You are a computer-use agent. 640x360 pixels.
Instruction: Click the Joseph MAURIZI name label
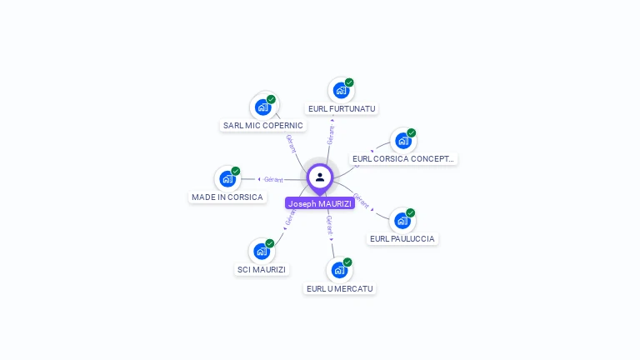click(x=320, y=203)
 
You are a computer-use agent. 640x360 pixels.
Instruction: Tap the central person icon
click(x=320, y=177)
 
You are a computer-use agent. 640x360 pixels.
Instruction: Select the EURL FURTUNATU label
click(x=342, y=108)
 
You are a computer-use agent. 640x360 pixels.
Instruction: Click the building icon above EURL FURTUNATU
click(x=340, y=90)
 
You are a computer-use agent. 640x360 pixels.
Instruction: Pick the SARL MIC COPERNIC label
click(x=263, y=126)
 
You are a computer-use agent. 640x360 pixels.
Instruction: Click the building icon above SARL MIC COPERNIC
click(x=262, y=107)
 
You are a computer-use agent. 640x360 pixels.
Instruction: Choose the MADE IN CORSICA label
click(x=227, y=197)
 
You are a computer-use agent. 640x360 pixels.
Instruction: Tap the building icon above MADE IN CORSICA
click(x=227, y=178)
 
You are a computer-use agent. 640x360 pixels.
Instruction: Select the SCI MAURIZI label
click(x=261, y=269)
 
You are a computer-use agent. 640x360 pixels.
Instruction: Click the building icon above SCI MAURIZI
click(x=262, y=251)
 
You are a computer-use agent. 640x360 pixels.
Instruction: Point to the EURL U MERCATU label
click(x=339, y=288)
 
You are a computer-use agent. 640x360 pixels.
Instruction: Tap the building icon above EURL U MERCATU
click(x=338, y=270)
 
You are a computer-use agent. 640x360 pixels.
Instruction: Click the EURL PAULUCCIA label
click(x=402, y=239)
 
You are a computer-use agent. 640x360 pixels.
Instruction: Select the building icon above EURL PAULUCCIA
click(x=402, y=221)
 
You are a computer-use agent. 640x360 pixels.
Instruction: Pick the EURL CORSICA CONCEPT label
click(x=404, y=158)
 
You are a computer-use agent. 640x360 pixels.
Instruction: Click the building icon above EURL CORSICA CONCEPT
click(x=403, y=141)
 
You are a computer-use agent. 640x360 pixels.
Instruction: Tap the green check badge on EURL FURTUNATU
click(x=349, y=82)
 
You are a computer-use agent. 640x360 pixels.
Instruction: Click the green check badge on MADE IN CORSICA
click(x=236, y=171)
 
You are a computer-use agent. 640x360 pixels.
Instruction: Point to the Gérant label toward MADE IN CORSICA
click(x=273, y=179)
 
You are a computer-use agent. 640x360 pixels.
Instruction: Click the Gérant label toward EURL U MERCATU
click(x=329, y=224)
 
